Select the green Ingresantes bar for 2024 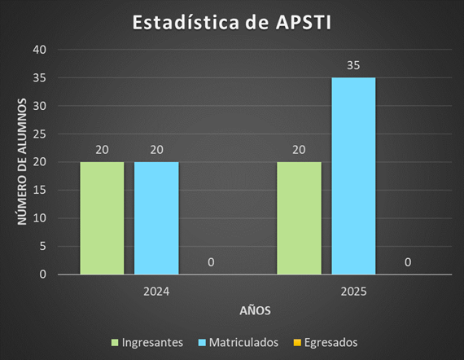[102, 217]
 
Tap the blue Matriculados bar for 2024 [156, 217]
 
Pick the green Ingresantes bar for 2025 [299, 217]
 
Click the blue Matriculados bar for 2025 [353, 176]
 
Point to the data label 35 [353, 64]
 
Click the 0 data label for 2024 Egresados [211, 261]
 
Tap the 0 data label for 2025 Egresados [408, 261]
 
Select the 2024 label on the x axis [156, 290]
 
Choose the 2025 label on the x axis [353, 290]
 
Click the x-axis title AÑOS [255, 311]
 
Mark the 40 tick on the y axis [40, 50]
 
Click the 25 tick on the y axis [40, 134]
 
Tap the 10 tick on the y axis [40, 218]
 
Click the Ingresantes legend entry [147, 342]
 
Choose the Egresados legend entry [326, 342]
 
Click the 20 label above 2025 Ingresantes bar [299, 149]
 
